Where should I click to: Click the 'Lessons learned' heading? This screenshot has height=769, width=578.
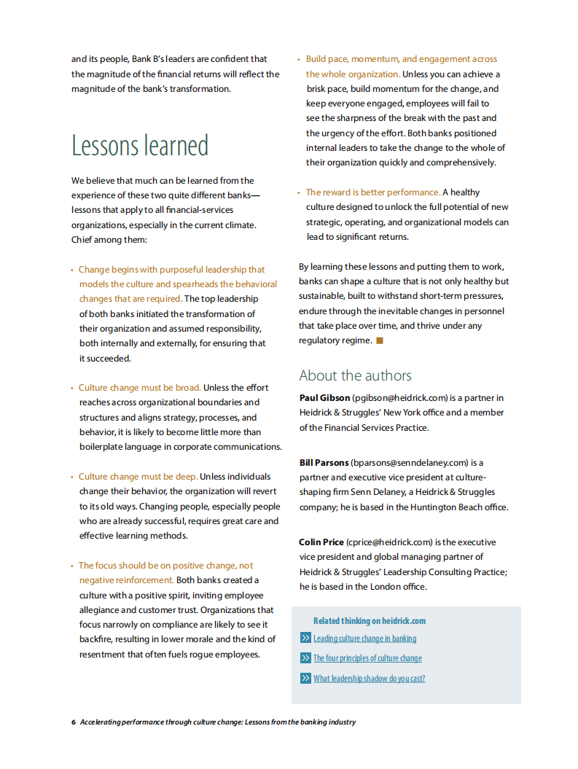[140, 146]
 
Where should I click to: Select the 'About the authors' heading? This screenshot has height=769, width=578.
[355, 375]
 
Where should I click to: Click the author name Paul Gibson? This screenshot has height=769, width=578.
[324, 398]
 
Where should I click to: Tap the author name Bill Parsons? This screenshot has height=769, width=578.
[324, 463]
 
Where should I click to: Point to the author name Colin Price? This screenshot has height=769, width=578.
[321, 542]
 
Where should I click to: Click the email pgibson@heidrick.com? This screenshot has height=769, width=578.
[399, 398]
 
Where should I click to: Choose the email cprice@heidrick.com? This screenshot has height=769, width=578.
[389, 542]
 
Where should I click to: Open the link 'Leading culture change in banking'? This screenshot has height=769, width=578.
[364, 639]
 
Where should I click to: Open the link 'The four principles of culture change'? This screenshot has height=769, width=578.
[367, 658]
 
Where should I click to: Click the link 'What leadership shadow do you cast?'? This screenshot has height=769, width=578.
[369, 679]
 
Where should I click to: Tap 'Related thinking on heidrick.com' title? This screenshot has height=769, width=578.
[370, 621]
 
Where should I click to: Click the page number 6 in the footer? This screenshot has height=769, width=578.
[74, 722]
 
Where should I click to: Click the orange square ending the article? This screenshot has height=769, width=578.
[380, 340]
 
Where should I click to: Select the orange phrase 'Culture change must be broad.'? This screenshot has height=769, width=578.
[139, 388]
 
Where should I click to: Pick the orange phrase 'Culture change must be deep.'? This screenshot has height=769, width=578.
[138, 477]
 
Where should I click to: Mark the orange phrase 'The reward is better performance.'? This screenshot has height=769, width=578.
[373, 192]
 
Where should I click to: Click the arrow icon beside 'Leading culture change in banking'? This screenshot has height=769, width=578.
[305, 639]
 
